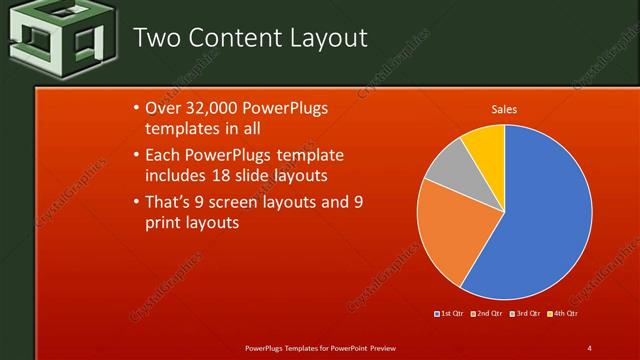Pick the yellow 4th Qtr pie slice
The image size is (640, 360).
pos(485,143)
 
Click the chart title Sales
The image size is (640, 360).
pos(504,109)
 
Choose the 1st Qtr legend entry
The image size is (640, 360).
pos(450,313)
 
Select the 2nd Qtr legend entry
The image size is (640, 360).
pos(488,313)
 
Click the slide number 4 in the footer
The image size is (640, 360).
pos(590,347)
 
